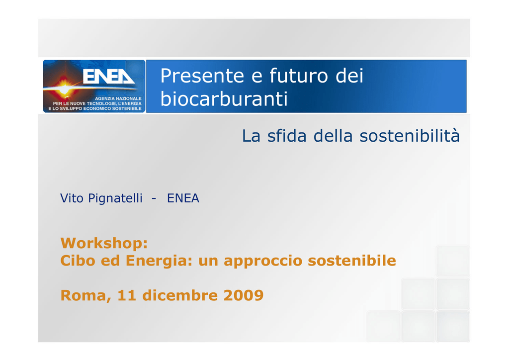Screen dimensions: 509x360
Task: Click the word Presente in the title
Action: point(202,76)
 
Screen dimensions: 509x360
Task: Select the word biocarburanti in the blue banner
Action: point(224,98)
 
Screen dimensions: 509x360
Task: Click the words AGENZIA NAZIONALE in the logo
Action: point(118,98)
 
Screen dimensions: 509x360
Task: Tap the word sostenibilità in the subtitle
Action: point(410,136)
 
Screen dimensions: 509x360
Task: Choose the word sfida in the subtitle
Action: point(287,136)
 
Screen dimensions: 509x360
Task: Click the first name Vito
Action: point(72,198)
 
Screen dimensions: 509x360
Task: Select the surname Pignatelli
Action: point(115,198)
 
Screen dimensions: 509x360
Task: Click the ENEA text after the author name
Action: point(183,198)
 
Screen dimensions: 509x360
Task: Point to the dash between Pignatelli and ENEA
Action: point(154,199)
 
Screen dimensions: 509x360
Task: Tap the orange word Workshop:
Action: point(104,244)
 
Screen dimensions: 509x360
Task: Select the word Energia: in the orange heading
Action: point(159,261)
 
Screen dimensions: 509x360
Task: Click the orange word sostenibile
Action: point(352,261)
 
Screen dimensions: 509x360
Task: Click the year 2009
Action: point(244,295)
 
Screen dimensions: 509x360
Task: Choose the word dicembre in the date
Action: point(180,295)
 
